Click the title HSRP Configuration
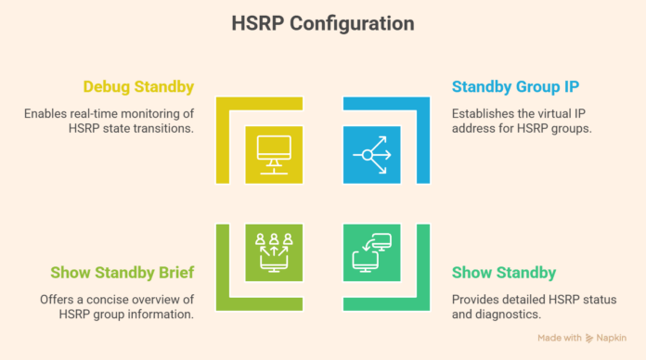click(x=322, y=22)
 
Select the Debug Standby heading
click(x=139, y=87)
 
